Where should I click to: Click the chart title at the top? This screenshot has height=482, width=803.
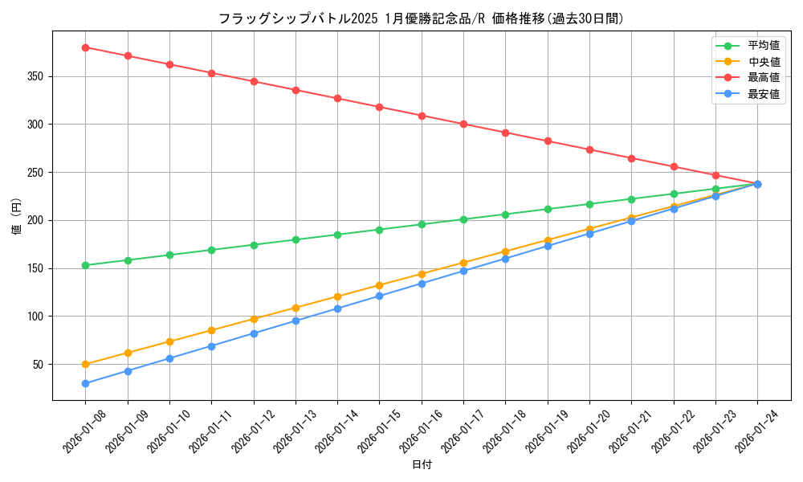(x=421, y=18)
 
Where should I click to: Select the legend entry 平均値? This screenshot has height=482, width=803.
(x=764, y=47)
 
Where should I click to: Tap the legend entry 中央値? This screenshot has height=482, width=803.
(x=764, y=62)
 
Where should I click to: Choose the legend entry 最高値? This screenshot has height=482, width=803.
(x=764, y=78)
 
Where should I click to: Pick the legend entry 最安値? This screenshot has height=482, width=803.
(x=764, y=94)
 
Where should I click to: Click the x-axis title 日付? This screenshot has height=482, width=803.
(x=422, y=465)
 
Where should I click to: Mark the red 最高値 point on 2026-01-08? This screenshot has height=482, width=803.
(x=85, y=47)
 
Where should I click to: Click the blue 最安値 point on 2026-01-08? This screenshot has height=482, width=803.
(x=85, y=383)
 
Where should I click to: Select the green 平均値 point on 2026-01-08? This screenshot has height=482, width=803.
(x=85, y=265)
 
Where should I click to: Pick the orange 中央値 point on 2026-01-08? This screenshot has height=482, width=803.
(x=85, y=364)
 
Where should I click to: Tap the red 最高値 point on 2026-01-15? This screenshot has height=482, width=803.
(x=379, y=107)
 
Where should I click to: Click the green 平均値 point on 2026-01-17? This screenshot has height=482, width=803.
(x=463, y=219)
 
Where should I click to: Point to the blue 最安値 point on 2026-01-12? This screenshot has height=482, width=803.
(x=254, y=333)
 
